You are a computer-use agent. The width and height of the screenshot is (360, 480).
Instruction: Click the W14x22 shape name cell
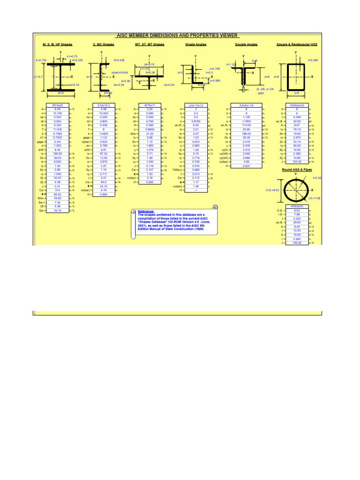[x=57, y=105]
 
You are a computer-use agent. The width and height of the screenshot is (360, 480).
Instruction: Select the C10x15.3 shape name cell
[x=104, y=105]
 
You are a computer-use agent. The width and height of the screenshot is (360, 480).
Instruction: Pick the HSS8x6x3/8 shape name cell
[x=297, y=105]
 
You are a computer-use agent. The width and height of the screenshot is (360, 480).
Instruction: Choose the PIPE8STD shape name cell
[x=297, y=205]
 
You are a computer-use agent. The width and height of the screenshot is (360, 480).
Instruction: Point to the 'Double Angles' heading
[x=247, y=45]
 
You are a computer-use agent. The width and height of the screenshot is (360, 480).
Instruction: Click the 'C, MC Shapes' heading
[x=103, y=45]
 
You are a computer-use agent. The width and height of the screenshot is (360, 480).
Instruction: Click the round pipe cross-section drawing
[x=296, y=190]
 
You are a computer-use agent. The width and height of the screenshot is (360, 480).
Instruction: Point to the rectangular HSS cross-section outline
[x=296, y=76]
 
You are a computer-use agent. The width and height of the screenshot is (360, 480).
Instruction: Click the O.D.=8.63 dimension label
[x=272, y=190]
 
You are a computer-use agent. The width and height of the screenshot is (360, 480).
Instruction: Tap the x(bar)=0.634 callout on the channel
[x=120, y=73]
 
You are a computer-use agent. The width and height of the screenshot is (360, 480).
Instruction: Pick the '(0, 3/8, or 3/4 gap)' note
[x=264, y=90]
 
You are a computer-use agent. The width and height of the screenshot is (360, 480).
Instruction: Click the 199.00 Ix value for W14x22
[x=57, y=153]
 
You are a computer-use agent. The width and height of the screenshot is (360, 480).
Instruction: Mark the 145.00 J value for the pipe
[x=297, y=242]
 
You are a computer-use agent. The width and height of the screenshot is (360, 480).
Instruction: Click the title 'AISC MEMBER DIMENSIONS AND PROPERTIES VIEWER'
[x=177, y=35]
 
